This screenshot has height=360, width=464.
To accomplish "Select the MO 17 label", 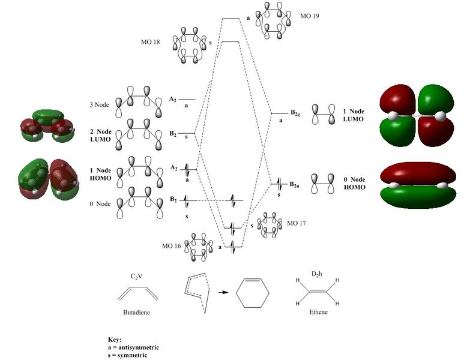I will click(297, 223).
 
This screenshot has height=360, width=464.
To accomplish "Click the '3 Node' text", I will click(98, 106).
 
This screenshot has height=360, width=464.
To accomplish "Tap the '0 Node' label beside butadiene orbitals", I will click(98, 204).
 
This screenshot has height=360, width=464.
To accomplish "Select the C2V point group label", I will click(139, 277).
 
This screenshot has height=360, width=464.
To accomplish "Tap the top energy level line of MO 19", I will click(230, 19).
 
